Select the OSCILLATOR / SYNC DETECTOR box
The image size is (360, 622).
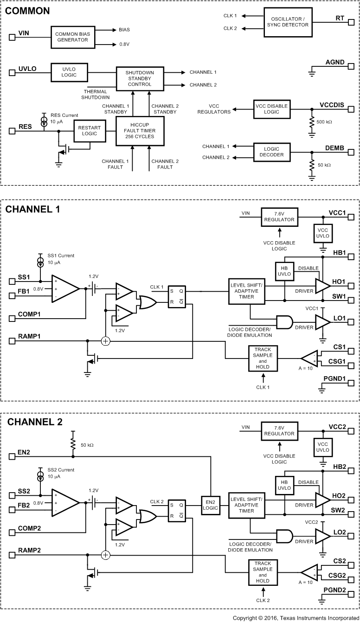click(x=287, y=21)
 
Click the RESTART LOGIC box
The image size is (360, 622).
click(x=90, y=131)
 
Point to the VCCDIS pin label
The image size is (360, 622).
click(x=332, y=105)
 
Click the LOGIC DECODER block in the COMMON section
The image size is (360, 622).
click(x=271, y=152)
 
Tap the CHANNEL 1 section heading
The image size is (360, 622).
click(x=32, y=209)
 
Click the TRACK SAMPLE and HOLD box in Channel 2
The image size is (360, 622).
click(x=263, y=572)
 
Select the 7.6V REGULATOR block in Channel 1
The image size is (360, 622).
click(x=279, y=217)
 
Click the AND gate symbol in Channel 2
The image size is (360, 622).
click(x=284, y=536)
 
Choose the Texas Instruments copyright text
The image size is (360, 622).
click(x=295, y=618)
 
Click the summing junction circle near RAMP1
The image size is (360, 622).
click(x=106, y=341)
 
